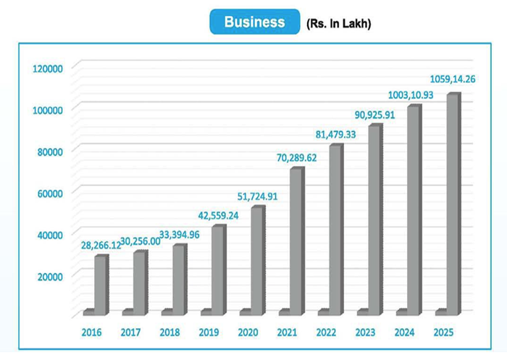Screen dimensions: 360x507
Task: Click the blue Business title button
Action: tap(254, 22)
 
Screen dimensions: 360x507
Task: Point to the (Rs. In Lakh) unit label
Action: tap(339, 24)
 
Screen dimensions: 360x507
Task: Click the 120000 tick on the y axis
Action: tap(49, 68)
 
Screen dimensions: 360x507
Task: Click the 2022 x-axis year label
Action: tap(327, 332)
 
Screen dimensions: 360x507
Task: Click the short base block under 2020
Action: tap(246, 312)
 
